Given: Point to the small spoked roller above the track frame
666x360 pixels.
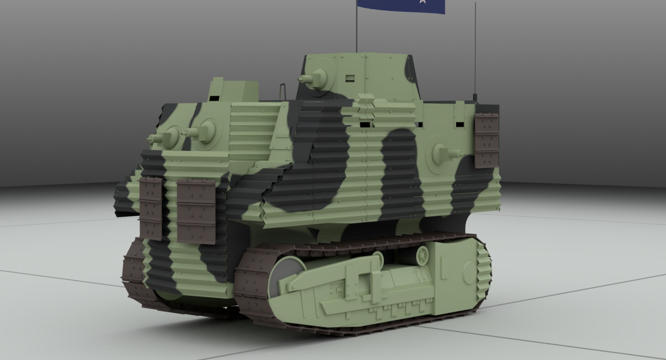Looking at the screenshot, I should coord(423,256).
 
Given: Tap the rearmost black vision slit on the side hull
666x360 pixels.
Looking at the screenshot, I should coord(460,124).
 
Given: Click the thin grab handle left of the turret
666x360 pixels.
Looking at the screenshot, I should coord(283,91).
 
